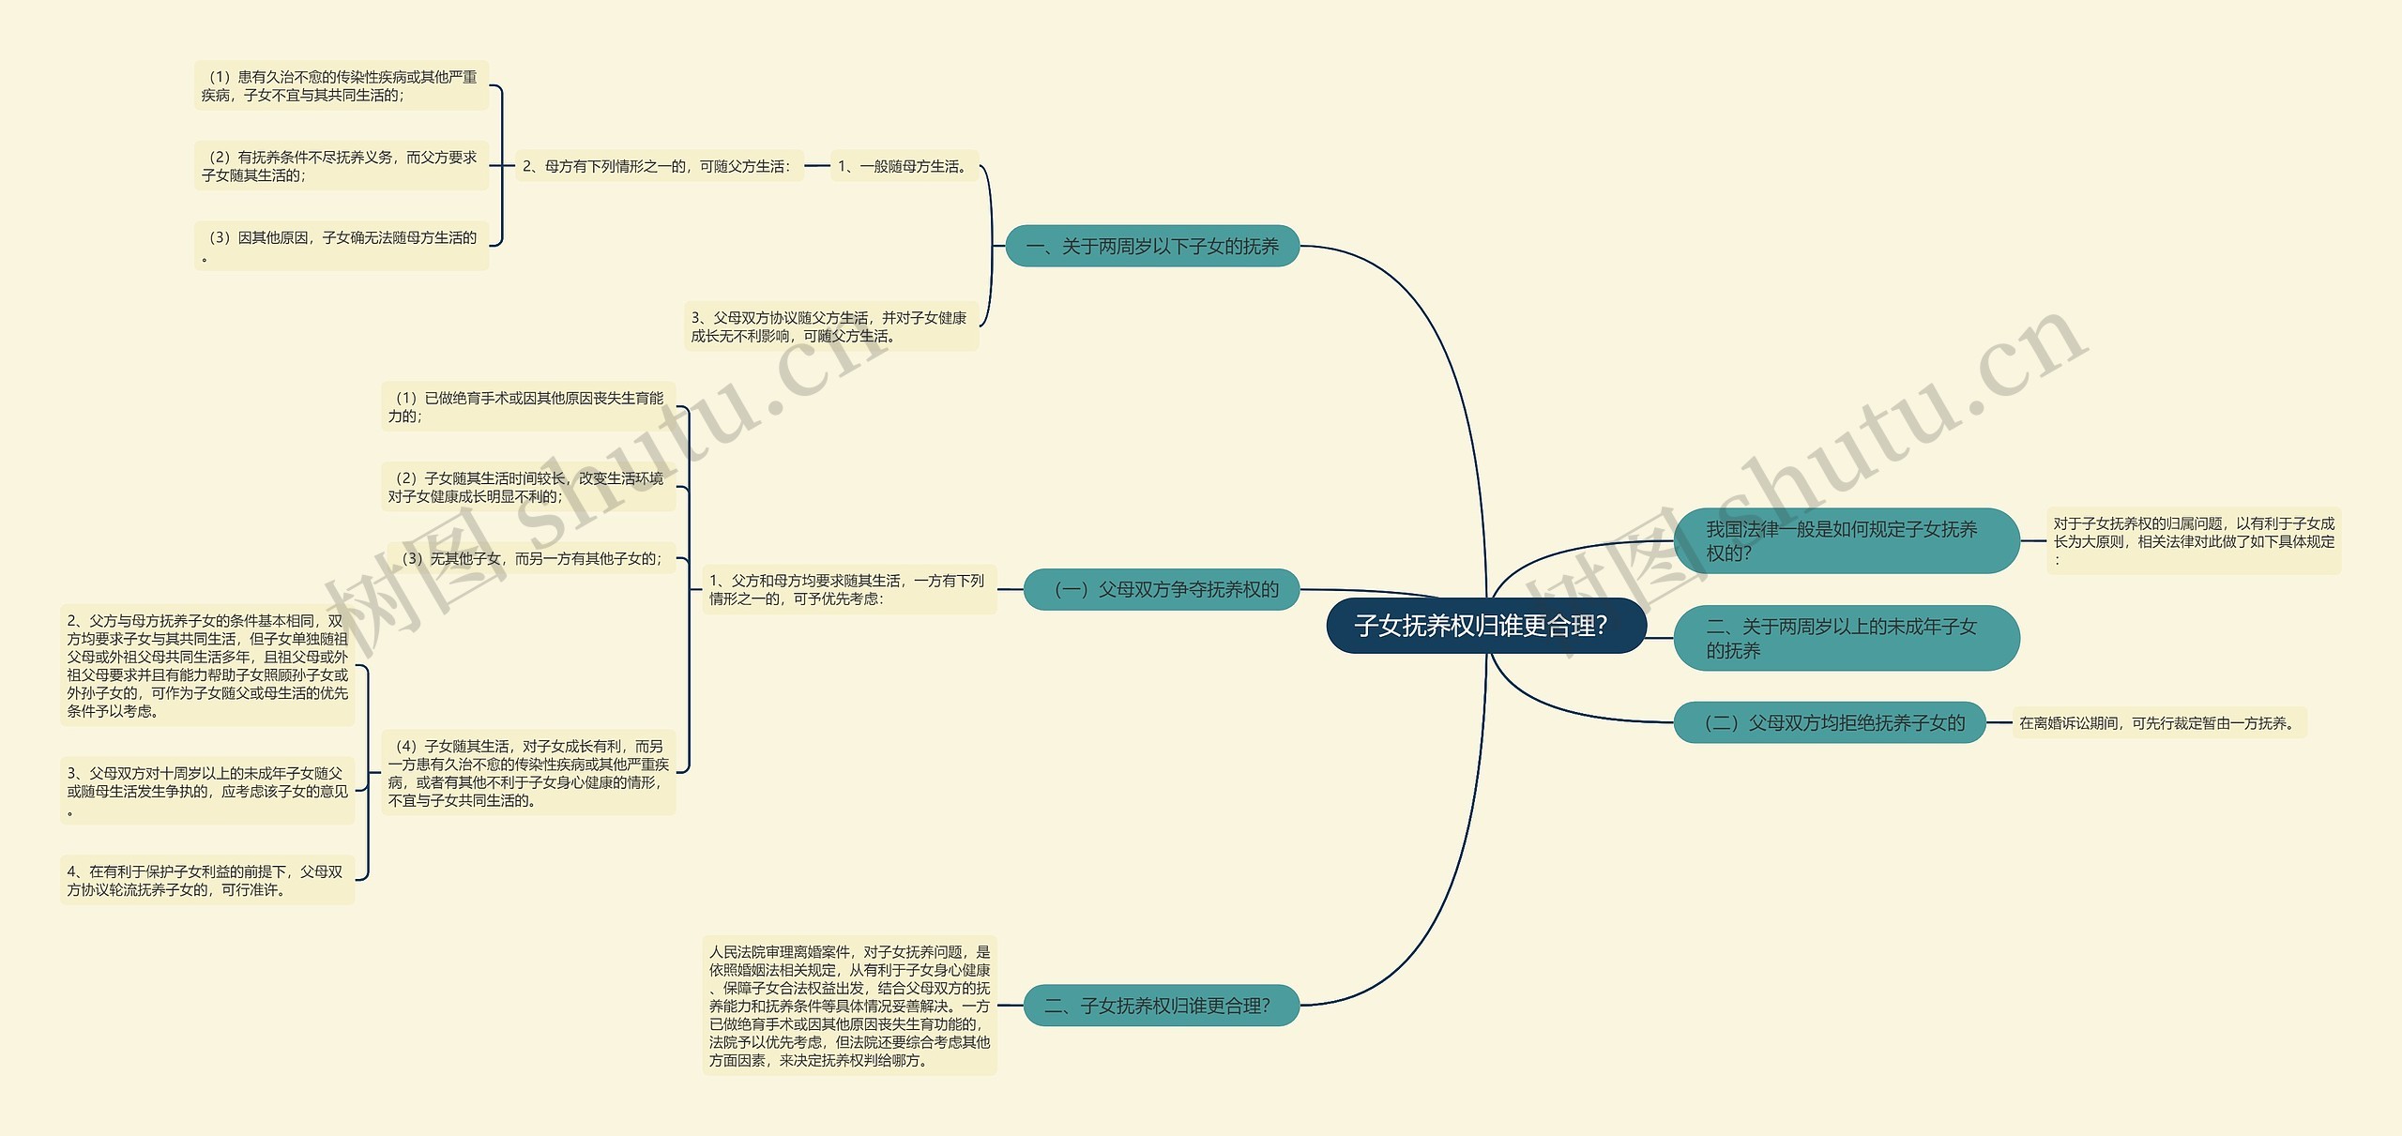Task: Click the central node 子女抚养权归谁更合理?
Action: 1486,626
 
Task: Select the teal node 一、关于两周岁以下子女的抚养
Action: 1152,246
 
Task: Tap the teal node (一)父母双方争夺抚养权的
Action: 1162,589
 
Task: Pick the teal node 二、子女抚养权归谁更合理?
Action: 1162,1006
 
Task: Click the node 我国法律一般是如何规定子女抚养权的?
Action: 1847,541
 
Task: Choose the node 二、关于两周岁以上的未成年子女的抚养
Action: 1847,638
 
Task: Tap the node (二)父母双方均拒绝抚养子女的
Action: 1831,722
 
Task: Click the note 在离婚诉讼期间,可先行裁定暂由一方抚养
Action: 2159,723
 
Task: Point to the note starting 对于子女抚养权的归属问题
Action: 2194,541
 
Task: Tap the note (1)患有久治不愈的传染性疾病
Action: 342,85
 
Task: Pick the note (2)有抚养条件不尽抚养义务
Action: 342,166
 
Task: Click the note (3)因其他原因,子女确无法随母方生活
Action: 342,246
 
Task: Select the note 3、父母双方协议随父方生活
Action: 831,326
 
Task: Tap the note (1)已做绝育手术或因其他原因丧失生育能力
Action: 528,407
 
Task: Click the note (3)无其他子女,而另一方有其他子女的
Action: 531,558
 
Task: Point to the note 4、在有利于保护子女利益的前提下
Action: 207,880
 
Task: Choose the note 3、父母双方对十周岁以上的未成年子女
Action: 207,791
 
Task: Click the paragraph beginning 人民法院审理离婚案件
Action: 850,1006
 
